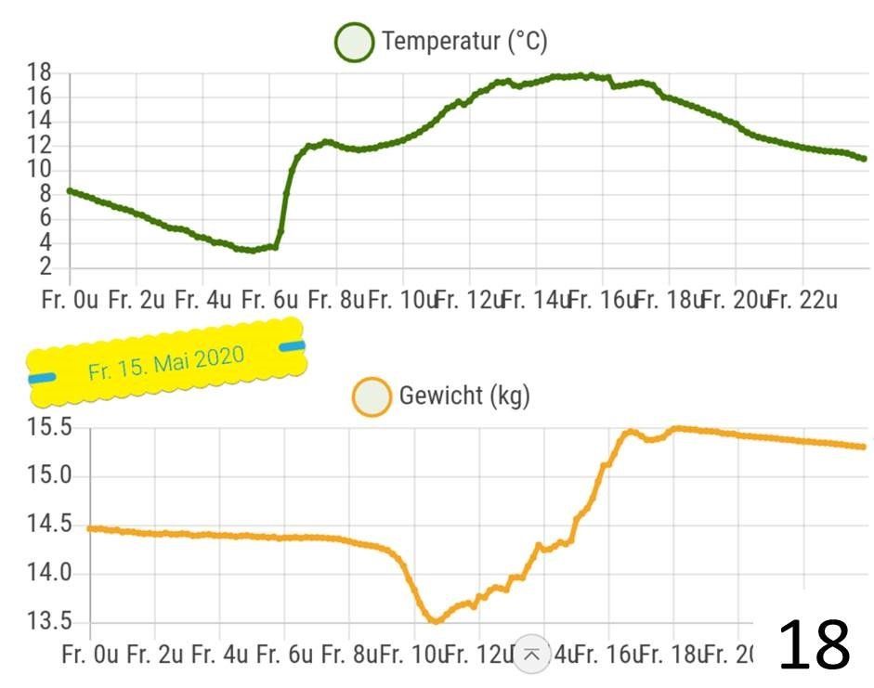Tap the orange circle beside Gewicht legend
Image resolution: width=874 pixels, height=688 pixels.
click(x=372, y=397)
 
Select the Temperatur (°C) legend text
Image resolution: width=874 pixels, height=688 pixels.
click(x=464, y=42)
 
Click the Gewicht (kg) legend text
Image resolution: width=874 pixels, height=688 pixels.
click(x=463, y=396)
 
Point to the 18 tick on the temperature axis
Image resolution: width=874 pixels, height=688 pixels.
click(x=39, y=73)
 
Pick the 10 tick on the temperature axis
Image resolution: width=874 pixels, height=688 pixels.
click(x=39, y=170)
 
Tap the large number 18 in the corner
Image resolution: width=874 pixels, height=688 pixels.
click(x=814, y=646)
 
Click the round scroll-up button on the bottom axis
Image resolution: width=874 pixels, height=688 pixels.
click(x=531, y=654)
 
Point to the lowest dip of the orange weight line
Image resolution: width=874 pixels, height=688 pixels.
click(x=434, y=620)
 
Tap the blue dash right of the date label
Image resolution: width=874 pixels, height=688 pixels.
click(x=292, y=346)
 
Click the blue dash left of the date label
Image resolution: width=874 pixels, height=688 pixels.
click(x=42, y=378)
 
